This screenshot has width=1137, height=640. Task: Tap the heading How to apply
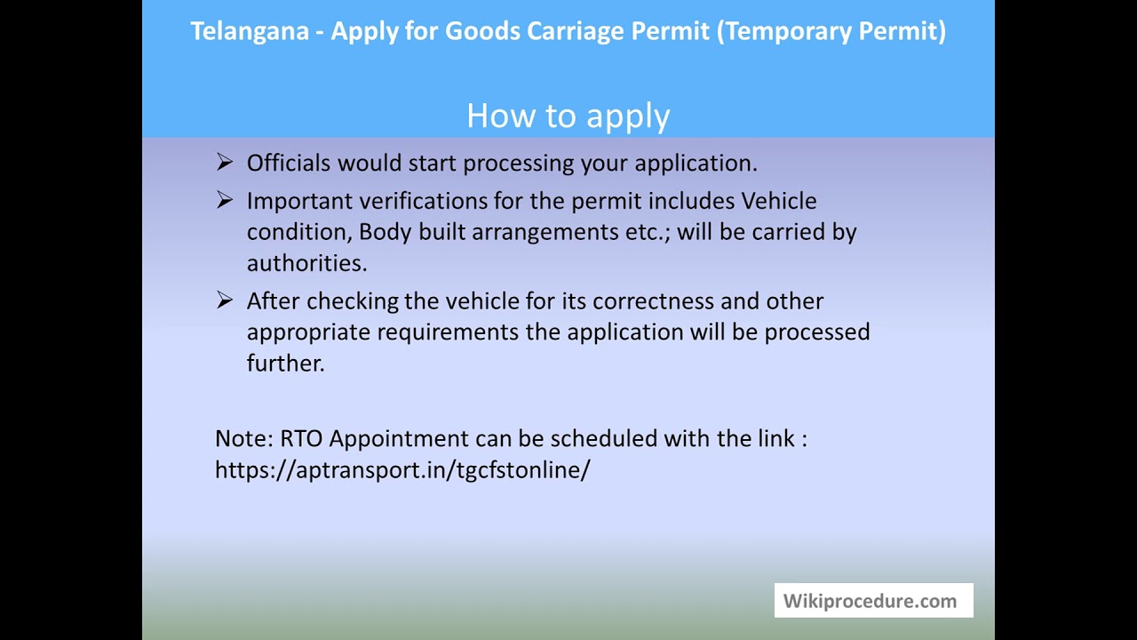568,116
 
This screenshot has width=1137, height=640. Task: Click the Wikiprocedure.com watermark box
873,601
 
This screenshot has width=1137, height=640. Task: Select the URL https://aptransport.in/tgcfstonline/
402,469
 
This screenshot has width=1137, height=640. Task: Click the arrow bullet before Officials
224,162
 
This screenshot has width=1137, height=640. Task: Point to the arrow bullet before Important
224,200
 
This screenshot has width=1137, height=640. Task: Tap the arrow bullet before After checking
224,300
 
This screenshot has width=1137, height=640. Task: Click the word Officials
289,163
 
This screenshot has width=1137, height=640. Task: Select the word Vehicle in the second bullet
778,201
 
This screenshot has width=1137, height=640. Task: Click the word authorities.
306,263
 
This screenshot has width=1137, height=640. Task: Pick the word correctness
653,301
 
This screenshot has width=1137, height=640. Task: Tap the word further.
285,364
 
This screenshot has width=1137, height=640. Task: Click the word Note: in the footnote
243,438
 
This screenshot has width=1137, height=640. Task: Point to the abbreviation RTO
301,438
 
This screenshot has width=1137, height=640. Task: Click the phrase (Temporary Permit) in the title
831,31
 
